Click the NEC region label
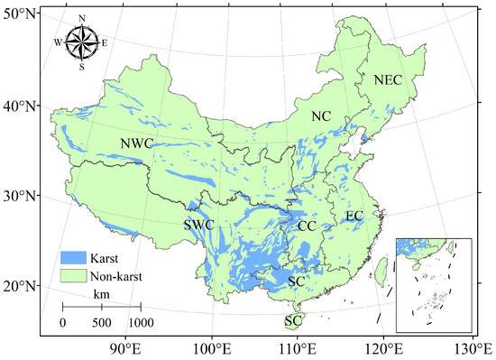(387, 80)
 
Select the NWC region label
(136, 144)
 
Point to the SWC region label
(199, 225)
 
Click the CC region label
(307, 225)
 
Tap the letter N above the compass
(81, 18)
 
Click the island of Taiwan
(381, 267)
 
